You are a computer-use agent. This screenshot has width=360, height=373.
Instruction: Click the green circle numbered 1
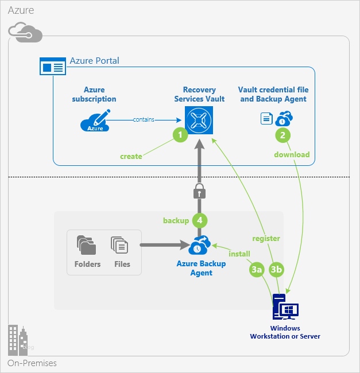(x=180, y=135)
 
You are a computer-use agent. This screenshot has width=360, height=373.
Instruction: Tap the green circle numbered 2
(x=282, y=135)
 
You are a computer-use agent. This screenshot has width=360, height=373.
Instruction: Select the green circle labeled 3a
(x=257, y=269)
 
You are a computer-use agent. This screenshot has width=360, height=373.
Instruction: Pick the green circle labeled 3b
(x=277, y=269)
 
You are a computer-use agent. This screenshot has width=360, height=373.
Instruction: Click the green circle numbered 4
(x=200, y=220)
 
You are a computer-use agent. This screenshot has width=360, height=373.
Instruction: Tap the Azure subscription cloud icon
(x=94, y=121)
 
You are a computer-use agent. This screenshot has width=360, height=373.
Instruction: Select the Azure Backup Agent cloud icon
(x=200, y=246)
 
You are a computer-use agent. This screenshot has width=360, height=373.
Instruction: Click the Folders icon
(x=87, y=246)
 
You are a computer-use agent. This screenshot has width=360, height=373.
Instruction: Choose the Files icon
(x=119, y=246)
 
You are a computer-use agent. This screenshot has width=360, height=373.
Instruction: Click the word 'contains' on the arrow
(x=143, y=119)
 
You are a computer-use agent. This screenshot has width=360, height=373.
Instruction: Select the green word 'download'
(x=292, y=154)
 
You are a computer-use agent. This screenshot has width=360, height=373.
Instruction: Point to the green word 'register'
(x=266, y=238)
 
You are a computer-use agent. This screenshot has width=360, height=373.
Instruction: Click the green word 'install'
(x=239, y=253)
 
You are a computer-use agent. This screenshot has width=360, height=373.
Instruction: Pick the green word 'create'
(x=131, y=156)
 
